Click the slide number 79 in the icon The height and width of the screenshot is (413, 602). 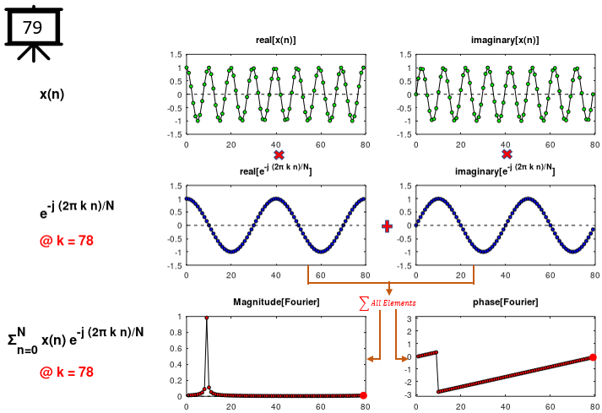click(x=33, y=27)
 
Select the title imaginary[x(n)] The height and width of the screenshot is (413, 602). click(x=504, y=41)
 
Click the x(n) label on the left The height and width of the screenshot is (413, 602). click(x=52, y=94)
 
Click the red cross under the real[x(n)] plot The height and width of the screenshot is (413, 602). click(x=279, y=155)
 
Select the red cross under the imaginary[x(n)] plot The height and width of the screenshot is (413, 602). click(x=507, y=155)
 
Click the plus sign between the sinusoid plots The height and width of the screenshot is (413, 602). click(x=388, y=226)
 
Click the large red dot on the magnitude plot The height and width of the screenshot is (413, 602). click(x=363, y=395)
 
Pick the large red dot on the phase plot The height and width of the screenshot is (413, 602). click(x=593, y=357)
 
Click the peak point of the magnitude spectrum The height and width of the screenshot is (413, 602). click(x=206, y=318)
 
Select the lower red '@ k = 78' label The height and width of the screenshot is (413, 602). click(x=67, y=372)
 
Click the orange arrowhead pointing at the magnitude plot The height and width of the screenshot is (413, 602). click(x=371, y=360)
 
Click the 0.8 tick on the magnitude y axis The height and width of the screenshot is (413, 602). click(x=176, y=332)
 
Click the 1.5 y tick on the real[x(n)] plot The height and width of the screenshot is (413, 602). click(x=175, y=55)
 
